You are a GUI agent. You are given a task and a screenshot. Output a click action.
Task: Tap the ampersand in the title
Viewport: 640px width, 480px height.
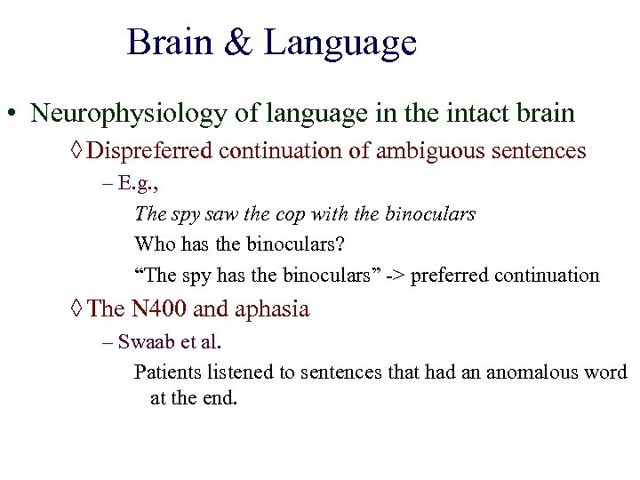(x=238, y=44)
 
